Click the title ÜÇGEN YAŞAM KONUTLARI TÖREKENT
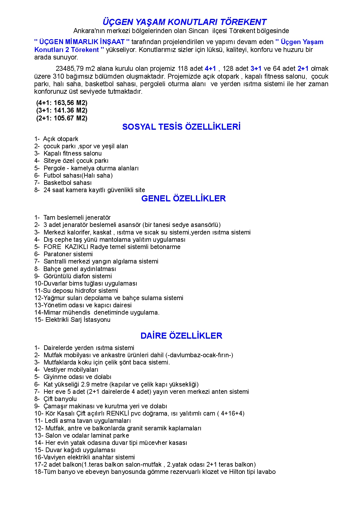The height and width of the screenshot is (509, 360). [184, 22]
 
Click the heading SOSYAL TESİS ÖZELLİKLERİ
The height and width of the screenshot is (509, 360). [181, 127]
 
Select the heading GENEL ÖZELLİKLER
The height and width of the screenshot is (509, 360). [183, 198]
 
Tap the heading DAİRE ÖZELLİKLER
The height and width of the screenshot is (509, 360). [181, 336]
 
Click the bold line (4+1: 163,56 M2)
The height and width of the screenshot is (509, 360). [62, 103]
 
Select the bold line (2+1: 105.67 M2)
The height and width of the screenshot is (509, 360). [62, 118]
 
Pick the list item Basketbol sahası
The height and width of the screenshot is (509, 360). [67, 183]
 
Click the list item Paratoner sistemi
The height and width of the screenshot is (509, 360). [68, 254]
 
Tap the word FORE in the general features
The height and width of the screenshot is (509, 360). [52, 247]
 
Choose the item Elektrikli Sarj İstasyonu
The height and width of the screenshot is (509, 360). [78, 320]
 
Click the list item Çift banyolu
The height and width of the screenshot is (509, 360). [60, 399]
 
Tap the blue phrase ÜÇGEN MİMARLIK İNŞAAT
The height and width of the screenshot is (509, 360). [82, 42]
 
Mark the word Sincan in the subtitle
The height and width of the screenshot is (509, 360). [198, 31]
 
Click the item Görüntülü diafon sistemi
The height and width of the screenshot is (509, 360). [78, 276]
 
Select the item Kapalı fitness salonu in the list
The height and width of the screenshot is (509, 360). [73, 154]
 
